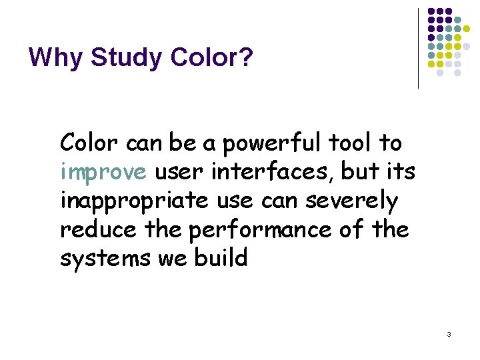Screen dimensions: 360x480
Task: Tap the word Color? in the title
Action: [212, 58]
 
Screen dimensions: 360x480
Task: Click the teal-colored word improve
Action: [103, 173]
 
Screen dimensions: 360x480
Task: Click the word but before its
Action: [359, 172]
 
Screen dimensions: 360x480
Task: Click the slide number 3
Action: [449, 333]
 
